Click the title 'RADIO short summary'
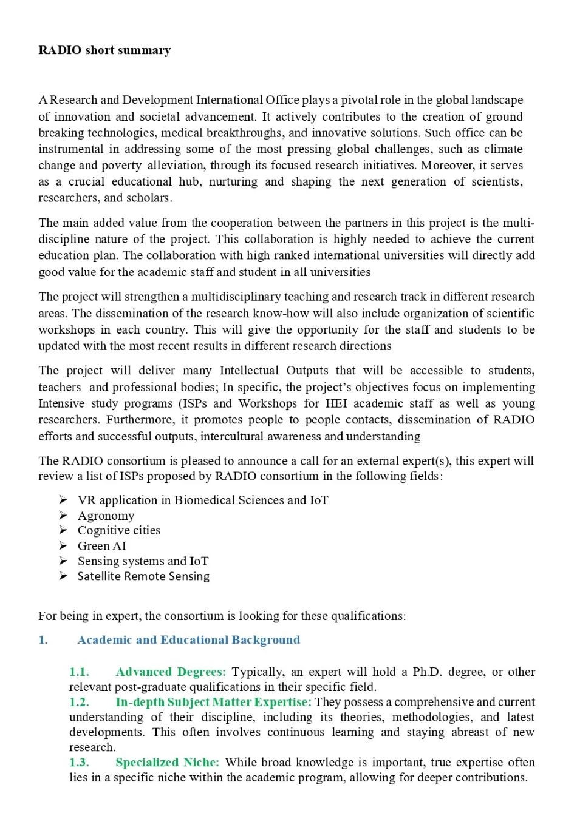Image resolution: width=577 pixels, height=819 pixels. click(104, 50)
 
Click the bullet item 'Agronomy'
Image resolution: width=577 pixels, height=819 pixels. click(106, 516)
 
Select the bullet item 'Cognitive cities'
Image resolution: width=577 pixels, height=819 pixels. click(119, 531)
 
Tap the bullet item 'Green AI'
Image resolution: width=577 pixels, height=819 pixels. click(102, 546)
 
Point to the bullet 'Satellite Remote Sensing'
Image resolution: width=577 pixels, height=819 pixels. click(143, 576)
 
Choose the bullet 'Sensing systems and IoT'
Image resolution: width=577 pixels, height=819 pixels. click(143, 561)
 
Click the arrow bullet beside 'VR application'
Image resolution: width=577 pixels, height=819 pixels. click(63, 500)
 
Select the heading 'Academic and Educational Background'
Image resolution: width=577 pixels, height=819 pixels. click(188, 640)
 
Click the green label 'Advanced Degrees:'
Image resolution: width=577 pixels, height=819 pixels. click(171, 672)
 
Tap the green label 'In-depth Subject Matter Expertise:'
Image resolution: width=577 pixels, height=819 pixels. click(213, 702)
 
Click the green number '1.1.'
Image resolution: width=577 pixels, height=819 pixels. click(79, 672)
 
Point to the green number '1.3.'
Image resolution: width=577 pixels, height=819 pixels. click(79, 763)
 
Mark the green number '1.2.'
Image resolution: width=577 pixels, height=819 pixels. click(79, 702)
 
